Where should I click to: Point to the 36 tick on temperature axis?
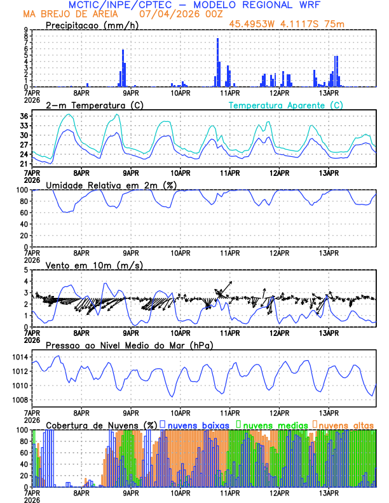[24, 116]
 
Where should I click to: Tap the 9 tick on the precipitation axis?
[25, 30]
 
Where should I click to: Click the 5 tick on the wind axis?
[25, 270]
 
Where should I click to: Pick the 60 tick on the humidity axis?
[24, 212]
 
